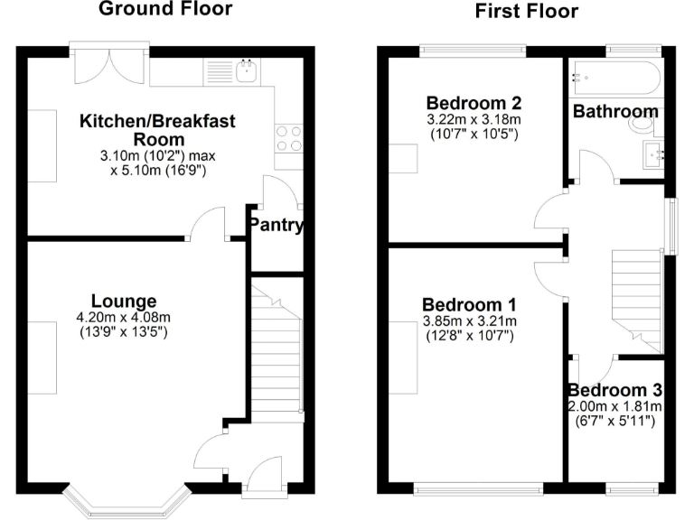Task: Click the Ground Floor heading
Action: click(x=165, y=10)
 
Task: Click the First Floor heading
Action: click(x=527, y=11)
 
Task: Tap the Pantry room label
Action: click(x=277, y=226)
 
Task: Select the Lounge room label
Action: click(x=124, y=301)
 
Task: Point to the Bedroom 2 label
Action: click(x=474, y=102)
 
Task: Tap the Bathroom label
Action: click(x=615, y=112)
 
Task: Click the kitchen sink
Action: click(x=245, y=70)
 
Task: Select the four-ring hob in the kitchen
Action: click(x=288, y=137)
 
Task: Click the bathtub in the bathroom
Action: click(x=616, y=79)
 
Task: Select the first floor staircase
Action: click(x=638, y=298)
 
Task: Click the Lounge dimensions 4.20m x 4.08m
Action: click(x=124, y=317)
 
